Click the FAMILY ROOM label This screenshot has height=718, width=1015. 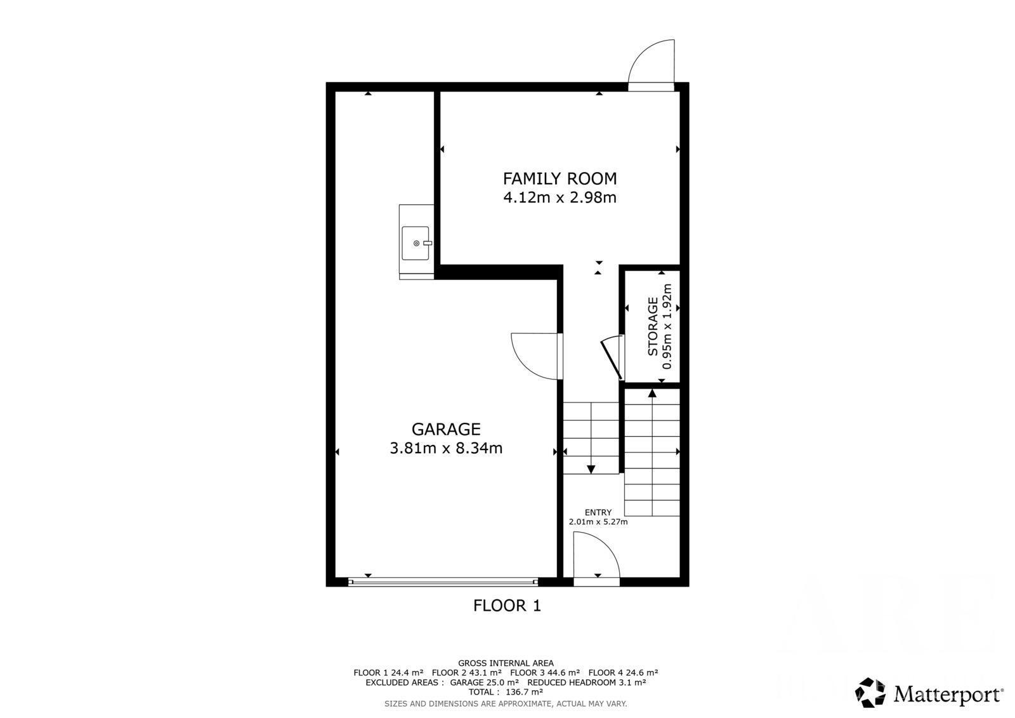560,178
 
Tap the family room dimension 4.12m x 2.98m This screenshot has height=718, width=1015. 560,198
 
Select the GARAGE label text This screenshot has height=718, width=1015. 446,429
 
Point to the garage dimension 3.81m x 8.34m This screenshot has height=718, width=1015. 446,448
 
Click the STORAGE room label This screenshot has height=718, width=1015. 653,326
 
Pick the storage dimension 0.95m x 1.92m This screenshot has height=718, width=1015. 667,326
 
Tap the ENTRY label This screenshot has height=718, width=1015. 598,512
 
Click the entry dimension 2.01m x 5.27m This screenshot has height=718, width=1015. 598,522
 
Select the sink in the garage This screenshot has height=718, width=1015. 416,243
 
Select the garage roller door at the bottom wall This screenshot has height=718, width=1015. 443,582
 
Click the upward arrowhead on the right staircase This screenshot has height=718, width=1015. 652,393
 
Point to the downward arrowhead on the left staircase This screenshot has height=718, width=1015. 591,469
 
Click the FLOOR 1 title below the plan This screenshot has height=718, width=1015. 507,606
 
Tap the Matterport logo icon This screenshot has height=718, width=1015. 870,693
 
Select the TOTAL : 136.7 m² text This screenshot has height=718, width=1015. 506,692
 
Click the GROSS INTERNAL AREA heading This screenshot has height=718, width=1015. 506,663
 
